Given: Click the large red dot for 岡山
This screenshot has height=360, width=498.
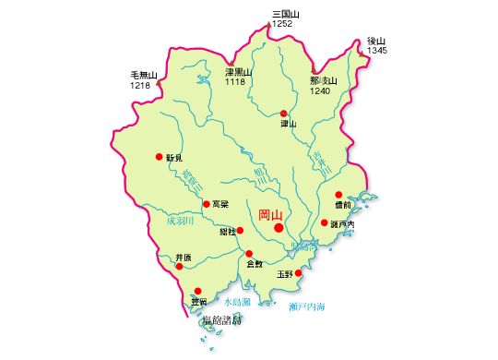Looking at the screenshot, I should [x=279, y=227].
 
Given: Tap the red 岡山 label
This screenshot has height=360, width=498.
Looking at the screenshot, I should [x=271, y=213].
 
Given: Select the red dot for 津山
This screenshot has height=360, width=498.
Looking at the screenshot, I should [x=284, y=113].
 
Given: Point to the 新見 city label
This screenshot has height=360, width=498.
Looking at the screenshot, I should [x=174, y=158].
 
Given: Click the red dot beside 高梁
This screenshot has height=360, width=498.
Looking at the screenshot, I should [x=206, y=204].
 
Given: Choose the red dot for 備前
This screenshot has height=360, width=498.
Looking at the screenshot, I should [x=338, y=195].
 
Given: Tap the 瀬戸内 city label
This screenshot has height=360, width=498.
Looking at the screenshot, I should [x=342, y=223].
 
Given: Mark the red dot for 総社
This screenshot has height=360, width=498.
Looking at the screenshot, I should [x=240, y=231].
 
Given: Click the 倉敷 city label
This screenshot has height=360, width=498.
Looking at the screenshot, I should [x=254, y=265].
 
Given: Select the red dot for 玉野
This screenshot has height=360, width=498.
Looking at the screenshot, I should [x=298, y=272].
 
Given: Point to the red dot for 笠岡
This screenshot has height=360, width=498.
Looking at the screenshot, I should [x=196, y=291].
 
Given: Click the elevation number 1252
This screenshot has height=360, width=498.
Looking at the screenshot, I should [x=282, y=23].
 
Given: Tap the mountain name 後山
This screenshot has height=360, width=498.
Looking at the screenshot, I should [x=375, y=41].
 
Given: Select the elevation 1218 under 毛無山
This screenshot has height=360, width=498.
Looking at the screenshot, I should [x=141, y=85].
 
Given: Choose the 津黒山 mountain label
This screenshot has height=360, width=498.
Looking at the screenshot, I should [x=239, y=72].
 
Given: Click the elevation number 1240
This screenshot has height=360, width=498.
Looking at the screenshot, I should [x=320, y=91].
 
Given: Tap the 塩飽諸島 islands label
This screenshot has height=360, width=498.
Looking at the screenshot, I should [x=219, y=319].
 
